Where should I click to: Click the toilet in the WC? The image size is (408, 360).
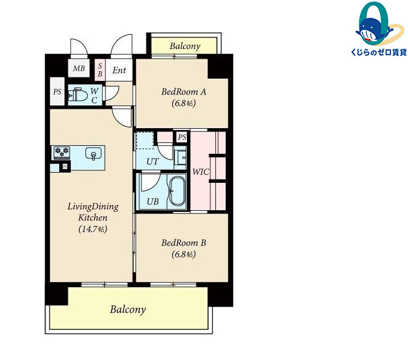[77, 95]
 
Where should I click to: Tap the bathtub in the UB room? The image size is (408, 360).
[177, 191]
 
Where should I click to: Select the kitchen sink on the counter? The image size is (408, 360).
[93, 153]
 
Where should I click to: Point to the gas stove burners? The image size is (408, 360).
[62, 153]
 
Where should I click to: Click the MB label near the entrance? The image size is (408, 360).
[79, 68]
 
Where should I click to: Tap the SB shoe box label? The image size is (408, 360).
[100, 70]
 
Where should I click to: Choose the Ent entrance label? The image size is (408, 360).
[119, 70]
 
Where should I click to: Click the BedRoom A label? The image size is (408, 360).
[183, 92]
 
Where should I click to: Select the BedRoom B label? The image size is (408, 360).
[183, 243]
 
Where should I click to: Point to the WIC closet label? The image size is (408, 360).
[201, 172]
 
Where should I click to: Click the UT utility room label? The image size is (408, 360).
[152, 162]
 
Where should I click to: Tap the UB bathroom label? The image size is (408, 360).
[153, 202]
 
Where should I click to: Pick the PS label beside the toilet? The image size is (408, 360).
[57, 92]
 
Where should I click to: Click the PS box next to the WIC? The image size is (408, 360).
[182, 137]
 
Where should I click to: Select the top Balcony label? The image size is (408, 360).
[185, 46]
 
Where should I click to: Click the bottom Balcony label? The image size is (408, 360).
[128, 309]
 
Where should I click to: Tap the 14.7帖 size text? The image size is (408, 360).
[93, 229]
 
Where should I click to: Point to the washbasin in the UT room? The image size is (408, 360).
[180, 157]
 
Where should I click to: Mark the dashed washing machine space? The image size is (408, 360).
[145, 141]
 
